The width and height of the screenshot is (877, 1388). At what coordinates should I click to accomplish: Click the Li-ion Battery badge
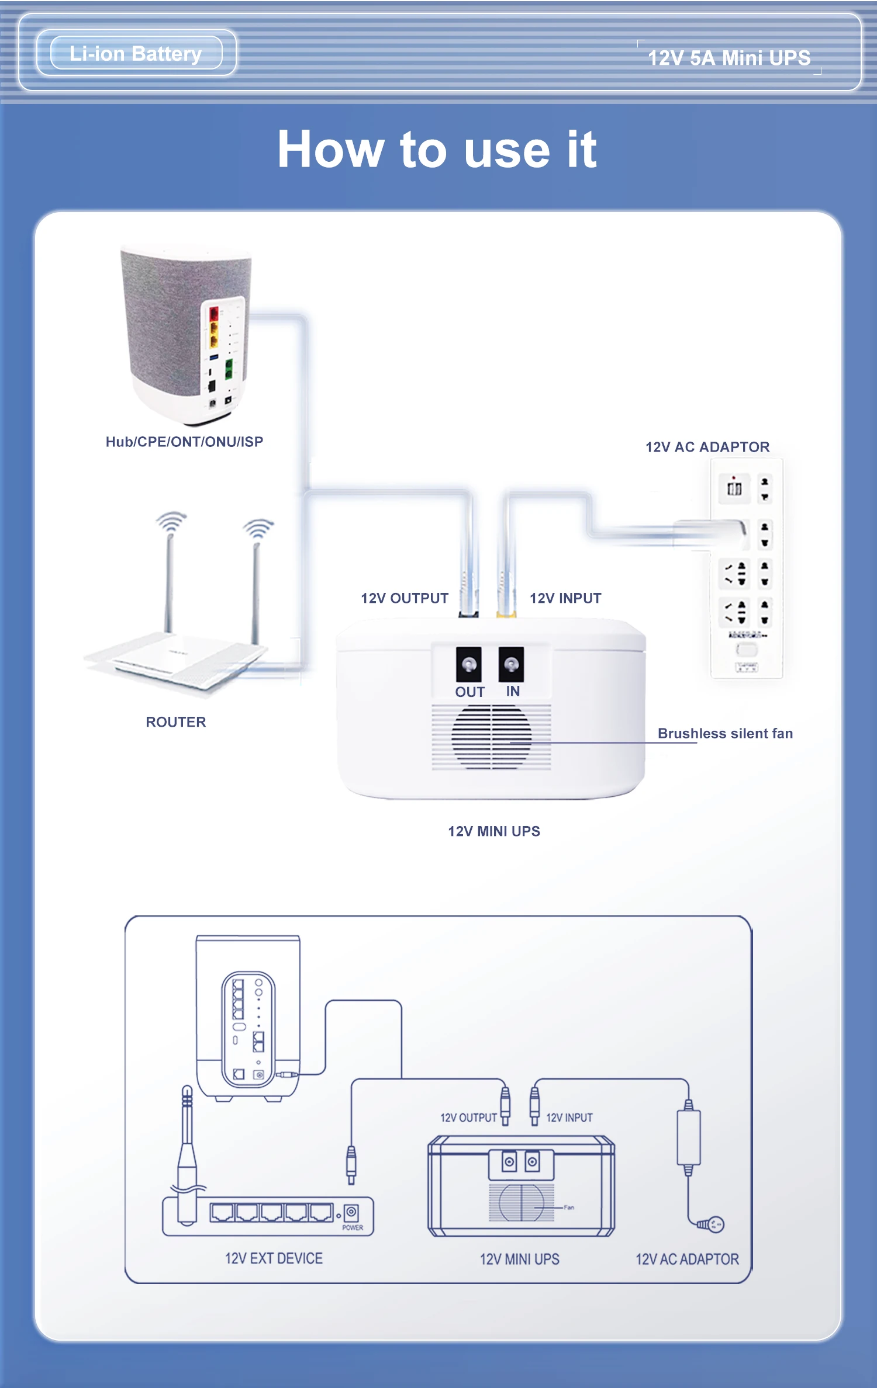pyautogui.click(x=136, y=54)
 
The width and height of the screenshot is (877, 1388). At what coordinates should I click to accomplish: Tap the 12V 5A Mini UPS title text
pyautogui.click(x=729, y=58)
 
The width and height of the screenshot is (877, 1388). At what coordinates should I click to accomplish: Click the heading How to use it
pyautogui.click(x=437, y=150)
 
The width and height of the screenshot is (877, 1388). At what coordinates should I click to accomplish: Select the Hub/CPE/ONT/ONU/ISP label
pyautogui.click(x=184, y=442)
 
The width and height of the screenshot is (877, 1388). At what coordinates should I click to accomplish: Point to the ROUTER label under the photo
pyautogui.click(x=176, y=722)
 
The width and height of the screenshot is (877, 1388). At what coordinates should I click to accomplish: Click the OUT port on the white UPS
pyautogui.click(x=469, y=664)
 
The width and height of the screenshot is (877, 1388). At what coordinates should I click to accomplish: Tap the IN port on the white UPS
pyautogui.click(x=511, y=664)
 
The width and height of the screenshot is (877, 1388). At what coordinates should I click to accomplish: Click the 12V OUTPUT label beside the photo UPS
pyautogui.click(x=405, y=598)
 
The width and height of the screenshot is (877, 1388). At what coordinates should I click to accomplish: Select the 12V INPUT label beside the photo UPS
pyautogui.click(x=565, y=598)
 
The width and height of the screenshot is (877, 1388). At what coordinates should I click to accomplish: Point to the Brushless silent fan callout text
pyautogui.click(x=725, y=733)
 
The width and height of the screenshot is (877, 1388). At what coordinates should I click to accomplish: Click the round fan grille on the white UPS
pyautogui.click(x=491, y=737)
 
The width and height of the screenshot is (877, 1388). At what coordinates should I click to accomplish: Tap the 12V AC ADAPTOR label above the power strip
pyautogui.click(x=707, y=447)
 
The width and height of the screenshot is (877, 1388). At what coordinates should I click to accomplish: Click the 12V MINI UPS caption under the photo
pyautogui.click(x=494, y=831)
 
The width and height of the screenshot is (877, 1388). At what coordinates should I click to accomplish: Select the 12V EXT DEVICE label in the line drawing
pyautogui.click(x=274, y=1258)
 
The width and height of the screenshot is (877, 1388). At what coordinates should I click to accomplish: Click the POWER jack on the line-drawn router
pyautogui.click(x=351, y=1212)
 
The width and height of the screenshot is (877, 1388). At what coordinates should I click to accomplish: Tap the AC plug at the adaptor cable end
pyautogui.click(x=712, y=1224)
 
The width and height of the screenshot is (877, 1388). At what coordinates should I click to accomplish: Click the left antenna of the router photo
pyautogui.click(x=170, y=578)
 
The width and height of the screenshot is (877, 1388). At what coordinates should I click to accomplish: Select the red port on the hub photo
pyautogui.click(x=214, y=313)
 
